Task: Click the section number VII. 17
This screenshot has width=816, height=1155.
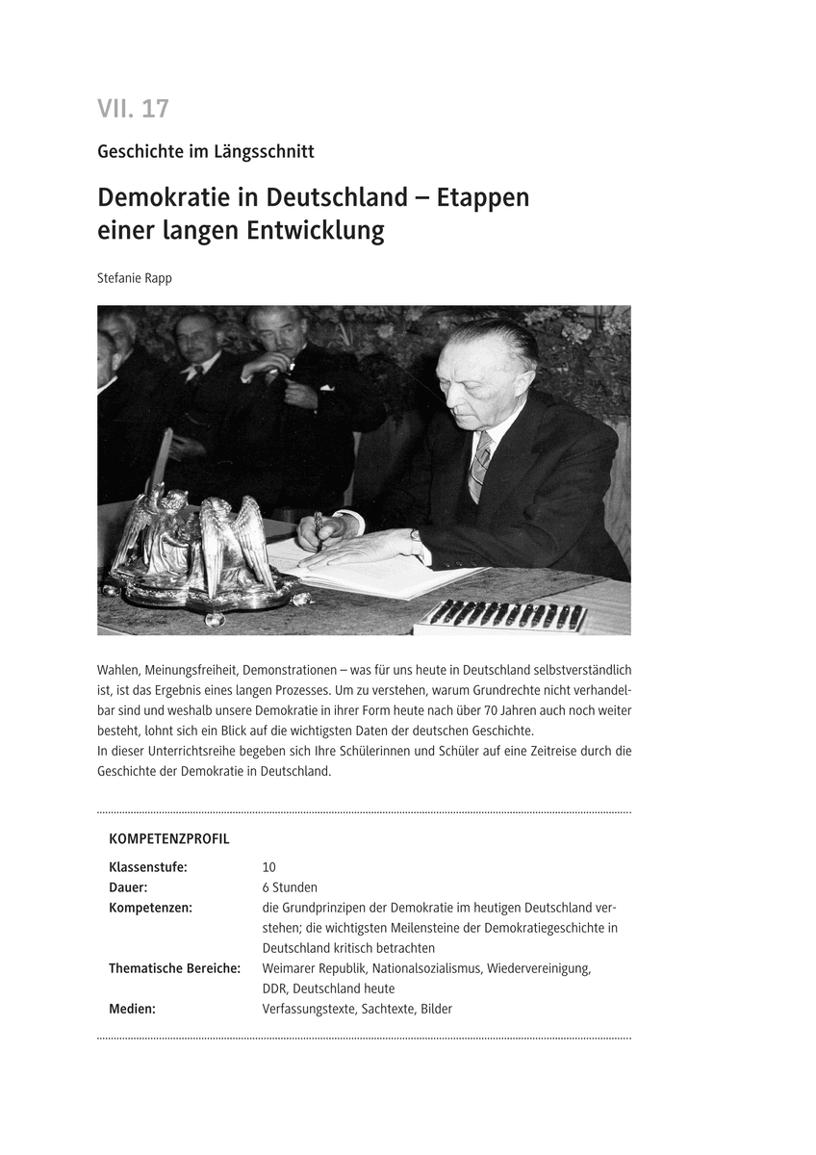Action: (x=133, y=109)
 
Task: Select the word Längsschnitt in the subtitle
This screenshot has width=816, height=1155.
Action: (x=266, y=151)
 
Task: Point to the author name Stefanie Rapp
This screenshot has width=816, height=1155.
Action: (x=136, y=278)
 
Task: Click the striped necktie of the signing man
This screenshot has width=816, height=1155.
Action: (x=479, y=466)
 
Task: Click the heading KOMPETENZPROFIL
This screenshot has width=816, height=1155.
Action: (x=169, y=838)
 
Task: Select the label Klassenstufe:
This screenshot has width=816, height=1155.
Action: (x=148, y=867)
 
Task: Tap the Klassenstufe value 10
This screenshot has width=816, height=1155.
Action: (x=268, y=867)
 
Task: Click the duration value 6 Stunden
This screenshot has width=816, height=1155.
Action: (x=290, y=887)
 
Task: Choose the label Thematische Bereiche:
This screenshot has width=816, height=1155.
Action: (x=174, y=968)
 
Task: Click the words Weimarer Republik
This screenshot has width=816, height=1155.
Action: (x=314, y=968)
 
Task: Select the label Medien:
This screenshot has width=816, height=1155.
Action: (x=132, y=1009)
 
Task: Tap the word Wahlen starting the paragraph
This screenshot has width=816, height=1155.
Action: (x=118, y=670)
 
